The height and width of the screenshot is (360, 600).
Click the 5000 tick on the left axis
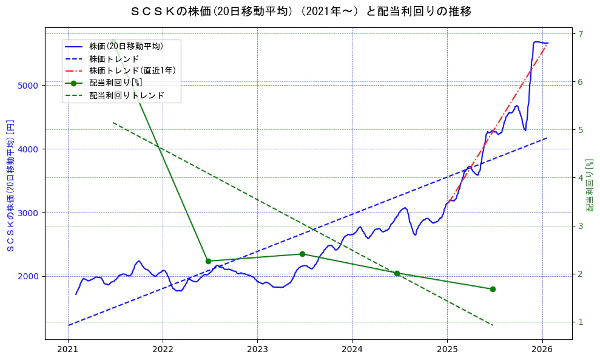point(29,86)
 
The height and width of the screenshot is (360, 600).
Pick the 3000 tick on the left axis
point(29,212)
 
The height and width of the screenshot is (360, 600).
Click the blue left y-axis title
point(10,185)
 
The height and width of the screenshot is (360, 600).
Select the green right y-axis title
point(590,185)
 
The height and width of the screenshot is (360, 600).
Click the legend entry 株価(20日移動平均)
point(126,46)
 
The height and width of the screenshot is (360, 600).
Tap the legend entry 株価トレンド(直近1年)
point(132,70)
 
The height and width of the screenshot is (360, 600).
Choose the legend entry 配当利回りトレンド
point(126,95)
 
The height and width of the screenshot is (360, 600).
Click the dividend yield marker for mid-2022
point(208,261)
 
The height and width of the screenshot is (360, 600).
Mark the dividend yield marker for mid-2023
point(302,254)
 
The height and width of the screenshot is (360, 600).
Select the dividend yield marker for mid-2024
point(397,273)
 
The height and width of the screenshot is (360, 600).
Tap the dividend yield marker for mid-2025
point(492,289)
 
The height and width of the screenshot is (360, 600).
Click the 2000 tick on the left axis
point(29,276)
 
